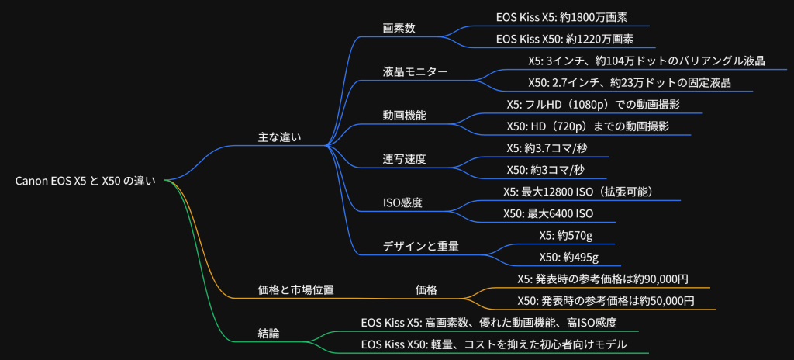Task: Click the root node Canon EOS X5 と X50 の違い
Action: [x=85, y=181]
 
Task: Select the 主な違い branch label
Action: [x=279, y=137]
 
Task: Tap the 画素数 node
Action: [x=399, y=28]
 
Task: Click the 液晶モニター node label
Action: [x=415, y=71]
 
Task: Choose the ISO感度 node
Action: [x=402, y=202]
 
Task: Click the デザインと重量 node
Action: [x=420, y=246]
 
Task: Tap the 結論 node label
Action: [x=268, y=333]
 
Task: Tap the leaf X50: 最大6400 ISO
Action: [x=548, y=213]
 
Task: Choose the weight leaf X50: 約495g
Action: [x=568, y=257]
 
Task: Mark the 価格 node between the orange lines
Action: [x=426, y=289]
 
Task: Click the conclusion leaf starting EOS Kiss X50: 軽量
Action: [x=493, y=344]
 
